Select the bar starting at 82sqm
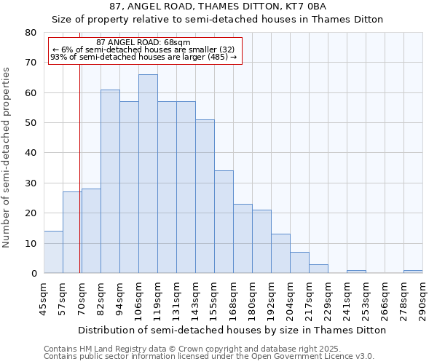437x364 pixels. (110, 181)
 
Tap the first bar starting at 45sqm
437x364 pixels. (53, 252)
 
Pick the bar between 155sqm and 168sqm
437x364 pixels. (224, 222)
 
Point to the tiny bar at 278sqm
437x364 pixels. (413, 272)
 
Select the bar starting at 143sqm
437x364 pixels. (205, 197)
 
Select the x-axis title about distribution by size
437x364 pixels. (231, 330)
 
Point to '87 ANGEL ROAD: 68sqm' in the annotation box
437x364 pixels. (143, 43)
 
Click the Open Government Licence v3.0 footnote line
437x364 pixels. (208, 357)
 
